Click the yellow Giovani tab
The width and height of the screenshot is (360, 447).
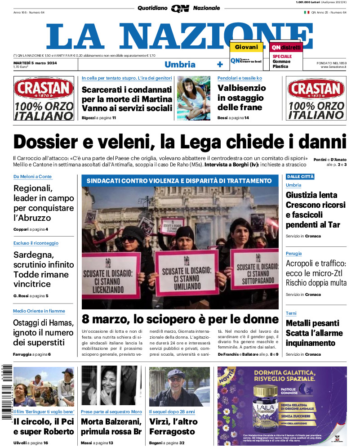pyautogui.click(x=246, y=47)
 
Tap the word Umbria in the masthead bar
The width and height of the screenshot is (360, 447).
pyautogui.click(x=180, y=64)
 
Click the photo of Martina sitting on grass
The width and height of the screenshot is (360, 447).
pyautogui.click(x=193, y=98)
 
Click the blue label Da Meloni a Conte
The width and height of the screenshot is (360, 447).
pyautogui.click(x=32, y=176)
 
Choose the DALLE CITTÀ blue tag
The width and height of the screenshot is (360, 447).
pyautogui.click(x=300, y=176)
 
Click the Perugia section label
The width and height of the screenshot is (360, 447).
pyautogui.click(x=294, y=254)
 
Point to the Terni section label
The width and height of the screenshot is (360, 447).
pyautogui.click(x=291, y=313)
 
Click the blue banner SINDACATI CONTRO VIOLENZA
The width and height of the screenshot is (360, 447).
pyautogui.click(x=180, y=181)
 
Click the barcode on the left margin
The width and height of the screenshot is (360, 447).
pyautogui.click(x=5, y=391)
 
